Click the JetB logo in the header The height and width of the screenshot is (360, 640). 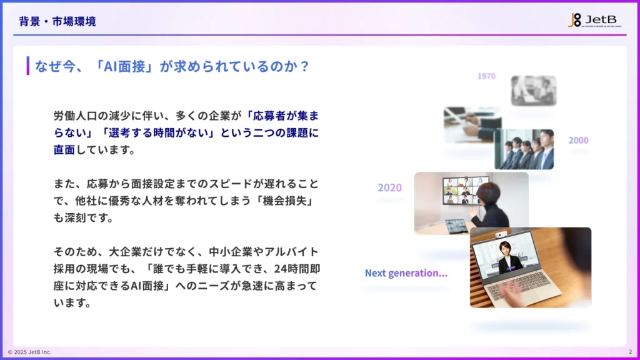tap(594, 20)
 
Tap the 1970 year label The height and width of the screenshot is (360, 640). tap(486, 76)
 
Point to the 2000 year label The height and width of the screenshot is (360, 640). tap(578, 141)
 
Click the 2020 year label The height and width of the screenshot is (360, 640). tap(389, 187)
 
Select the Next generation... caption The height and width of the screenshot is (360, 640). tap(406, 273)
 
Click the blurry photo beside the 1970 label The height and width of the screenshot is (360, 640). tap(533, 90)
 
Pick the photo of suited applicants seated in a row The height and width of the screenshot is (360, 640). tap(524, 149)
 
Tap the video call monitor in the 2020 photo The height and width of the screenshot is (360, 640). tap(465, 190)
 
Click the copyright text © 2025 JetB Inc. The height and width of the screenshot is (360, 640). tap(29, 352)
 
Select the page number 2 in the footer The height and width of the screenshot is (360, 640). tap(629, 352)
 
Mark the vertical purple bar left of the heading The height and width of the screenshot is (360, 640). tap(28, 66)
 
